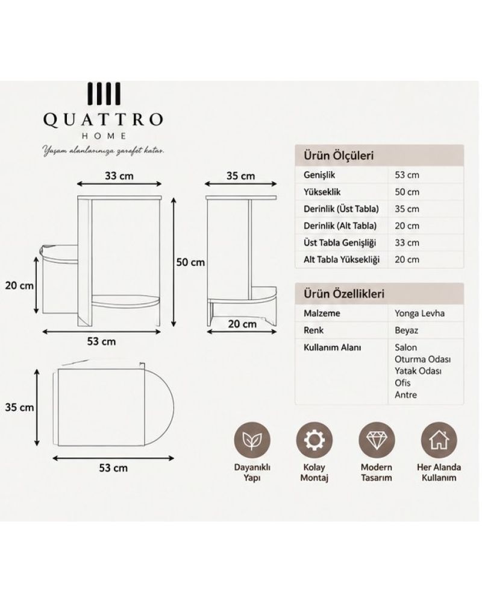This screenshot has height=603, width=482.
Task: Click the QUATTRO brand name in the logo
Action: tap(103, 119)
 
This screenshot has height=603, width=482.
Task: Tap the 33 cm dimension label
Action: tap(119, 176)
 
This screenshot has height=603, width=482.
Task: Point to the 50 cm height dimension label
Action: tap(190, 262)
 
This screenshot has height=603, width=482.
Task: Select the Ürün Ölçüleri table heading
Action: tap(339, 156)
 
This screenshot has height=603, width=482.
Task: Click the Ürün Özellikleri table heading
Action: tap(344, 294)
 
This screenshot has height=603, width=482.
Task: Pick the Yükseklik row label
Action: tap(322, 192)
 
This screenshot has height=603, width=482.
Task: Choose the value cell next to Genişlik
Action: tap(407, 175)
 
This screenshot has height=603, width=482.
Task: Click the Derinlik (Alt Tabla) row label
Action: tap(340, 226)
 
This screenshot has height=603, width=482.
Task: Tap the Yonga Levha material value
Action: tap(419, 314)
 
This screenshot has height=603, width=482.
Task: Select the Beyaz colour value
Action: tap(406, 330)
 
